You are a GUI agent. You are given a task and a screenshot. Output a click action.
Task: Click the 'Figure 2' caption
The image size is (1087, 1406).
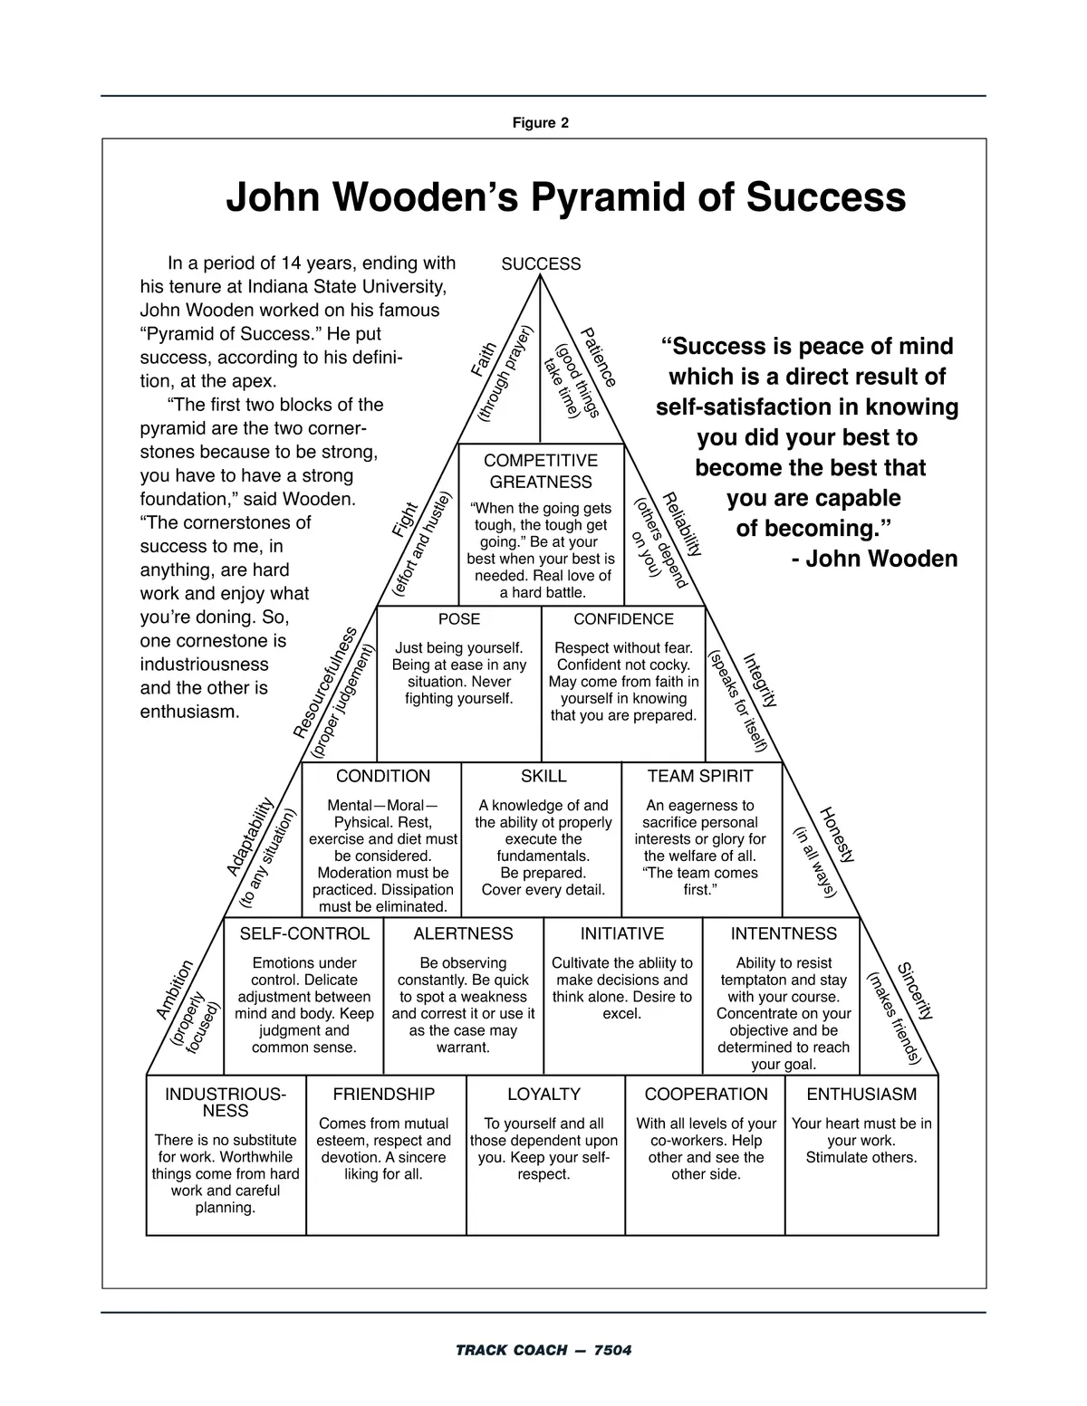point(541,123)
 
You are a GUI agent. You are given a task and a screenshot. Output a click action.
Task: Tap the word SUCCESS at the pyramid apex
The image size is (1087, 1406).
point(541,264)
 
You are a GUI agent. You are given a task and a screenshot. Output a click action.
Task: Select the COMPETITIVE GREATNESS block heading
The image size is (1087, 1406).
point(541,471)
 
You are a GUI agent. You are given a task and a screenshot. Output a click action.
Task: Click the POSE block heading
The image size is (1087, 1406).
point(459,619)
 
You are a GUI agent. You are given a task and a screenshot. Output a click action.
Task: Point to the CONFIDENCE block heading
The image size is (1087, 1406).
point(623,619)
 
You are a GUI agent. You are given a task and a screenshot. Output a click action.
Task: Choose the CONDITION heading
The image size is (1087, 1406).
point(383,776)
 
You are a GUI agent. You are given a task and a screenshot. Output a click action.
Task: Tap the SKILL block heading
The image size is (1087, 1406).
point(543,776)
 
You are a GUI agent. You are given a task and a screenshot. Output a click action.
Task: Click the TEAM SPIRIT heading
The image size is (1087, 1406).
point(700,776)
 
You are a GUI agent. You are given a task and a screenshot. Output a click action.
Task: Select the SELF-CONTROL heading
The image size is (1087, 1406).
point(304,933)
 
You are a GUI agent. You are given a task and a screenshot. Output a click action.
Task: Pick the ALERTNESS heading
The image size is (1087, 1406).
point(463,933)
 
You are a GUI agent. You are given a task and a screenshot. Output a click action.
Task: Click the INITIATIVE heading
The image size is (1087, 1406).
point(622,933)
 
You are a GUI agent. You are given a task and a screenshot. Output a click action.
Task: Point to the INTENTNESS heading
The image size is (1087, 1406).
point(784,933)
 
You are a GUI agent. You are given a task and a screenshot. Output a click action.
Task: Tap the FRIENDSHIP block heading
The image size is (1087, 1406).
point(384,1094)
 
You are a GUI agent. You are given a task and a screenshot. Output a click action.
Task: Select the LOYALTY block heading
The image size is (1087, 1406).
point(543,1094)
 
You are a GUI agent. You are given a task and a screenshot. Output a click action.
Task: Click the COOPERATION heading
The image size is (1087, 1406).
point(706,1094)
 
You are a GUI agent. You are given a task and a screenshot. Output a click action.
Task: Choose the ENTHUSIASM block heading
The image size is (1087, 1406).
point(861,1094)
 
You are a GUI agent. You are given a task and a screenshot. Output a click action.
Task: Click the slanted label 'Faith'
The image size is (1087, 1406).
point(484,359)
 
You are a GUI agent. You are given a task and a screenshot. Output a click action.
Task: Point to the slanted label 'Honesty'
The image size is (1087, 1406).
point(837,835)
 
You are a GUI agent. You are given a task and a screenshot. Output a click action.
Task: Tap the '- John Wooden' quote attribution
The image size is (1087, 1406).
point(874,559)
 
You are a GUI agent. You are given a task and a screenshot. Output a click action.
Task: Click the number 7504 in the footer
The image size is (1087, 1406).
point(612,1351)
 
